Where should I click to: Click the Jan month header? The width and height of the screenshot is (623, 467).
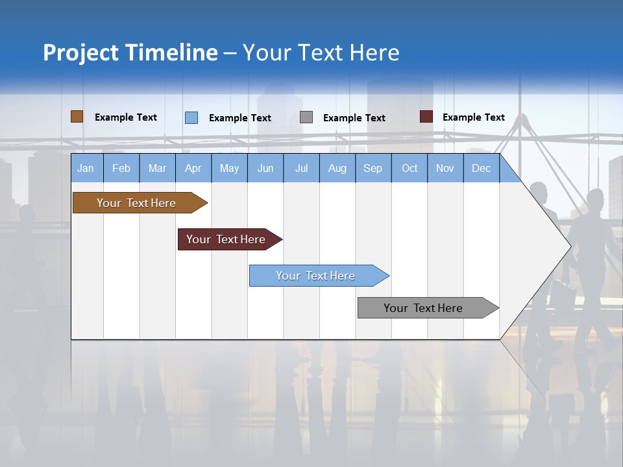(x=86, y=168)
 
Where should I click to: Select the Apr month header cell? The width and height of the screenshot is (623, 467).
(x=193, y=168)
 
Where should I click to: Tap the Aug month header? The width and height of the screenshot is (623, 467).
(x=337, y=168)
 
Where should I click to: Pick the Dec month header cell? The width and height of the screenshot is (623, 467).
(x=481, y=168)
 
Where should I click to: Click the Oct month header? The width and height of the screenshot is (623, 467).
(x=409, y=168)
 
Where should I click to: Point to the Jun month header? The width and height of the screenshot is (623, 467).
(x=265, y=168)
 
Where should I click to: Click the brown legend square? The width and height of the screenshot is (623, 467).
(x=77, y=117)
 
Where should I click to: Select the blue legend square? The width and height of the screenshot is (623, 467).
(x=191, y=117)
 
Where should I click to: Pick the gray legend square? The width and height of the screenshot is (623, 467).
(x=306, y=117)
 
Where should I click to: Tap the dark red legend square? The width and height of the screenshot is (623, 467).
(x=426, y=117)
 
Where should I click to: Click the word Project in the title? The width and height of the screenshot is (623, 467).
(x=80, y=53)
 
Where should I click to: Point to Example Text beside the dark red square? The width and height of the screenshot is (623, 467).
(x=473, y=117)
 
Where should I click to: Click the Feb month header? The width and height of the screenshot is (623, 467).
(x=121, y=168)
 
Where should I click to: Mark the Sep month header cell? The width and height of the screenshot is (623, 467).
(x=373, y=168)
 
